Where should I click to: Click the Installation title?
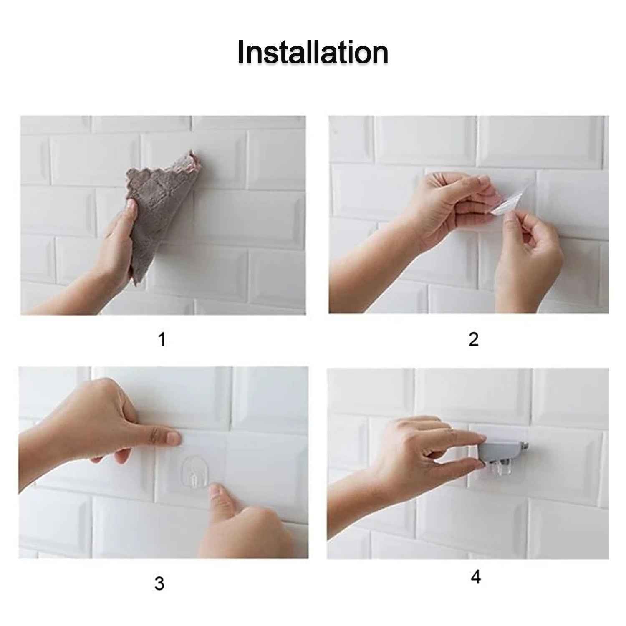[313, 53]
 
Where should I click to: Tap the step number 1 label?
[162, 339]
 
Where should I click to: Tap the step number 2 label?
[473, 339]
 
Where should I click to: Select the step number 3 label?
[159, 583]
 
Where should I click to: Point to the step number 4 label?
[476, 577]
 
